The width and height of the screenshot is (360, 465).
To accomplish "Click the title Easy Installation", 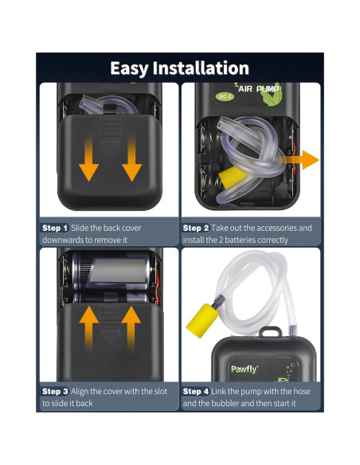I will point(179,68).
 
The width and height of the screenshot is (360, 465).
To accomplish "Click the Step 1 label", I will point(55,228).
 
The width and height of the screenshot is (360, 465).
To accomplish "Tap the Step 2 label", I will point(197,228).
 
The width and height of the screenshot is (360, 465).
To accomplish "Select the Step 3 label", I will point(55,392).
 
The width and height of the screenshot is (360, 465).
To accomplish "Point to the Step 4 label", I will point(197,392).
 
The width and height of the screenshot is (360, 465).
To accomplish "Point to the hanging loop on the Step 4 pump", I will point(272,332).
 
